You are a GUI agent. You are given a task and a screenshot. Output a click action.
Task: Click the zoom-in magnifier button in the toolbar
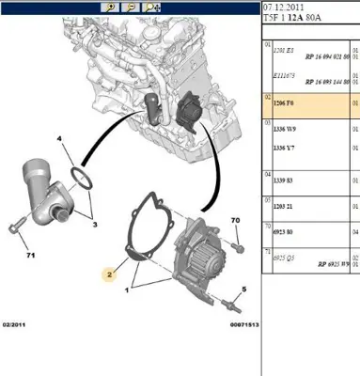click(x=112, y=8)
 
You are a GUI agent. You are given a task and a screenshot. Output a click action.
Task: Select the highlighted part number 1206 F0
click(x=284, y=102)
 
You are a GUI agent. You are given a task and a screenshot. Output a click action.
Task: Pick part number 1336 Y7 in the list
click(x=285, y=147)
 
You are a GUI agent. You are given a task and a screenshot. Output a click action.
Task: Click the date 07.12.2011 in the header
click(x=282, y=8)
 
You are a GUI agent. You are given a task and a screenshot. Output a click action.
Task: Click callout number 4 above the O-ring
click(x=59, y=139)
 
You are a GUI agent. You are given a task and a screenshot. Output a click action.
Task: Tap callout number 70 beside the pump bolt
click(x=234, y=220)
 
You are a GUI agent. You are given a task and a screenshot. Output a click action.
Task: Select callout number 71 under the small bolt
click(x=30, y=256)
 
